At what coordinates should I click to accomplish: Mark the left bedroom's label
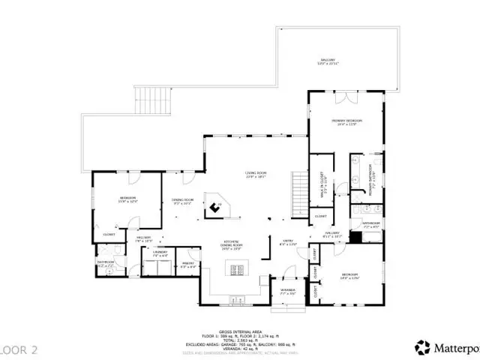pyautogui.click(x=127, y=200)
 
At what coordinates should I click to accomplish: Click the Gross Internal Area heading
pyautogui.click(x=239, y=330)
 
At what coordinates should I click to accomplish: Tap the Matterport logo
pyautogui.click(x=447, y=347)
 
